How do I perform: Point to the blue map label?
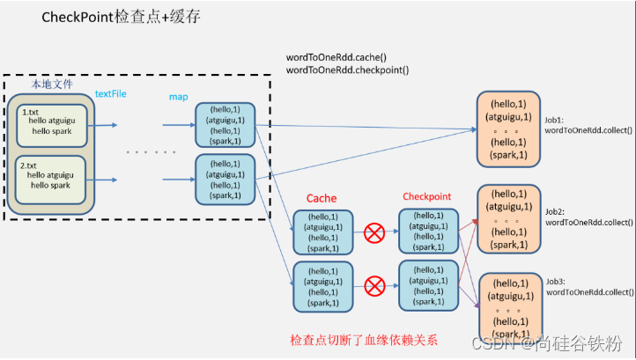(178, 97)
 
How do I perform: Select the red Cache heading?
(322, 198)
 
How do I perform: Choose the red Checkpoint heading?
(428, 196)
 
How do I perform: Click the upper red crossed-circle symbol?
(375, 233)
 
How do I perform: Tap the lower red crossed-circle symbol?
(375, 285)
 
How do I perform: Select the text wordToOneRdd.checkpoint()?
(348, 70)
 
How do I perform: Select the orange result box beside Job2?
(508, 219)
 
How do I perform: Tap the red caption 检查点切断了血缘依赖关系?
(362, 339)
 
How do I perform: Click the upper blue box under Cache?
(322, 232)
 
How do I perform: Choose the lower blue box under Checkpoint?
(428, 284)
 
